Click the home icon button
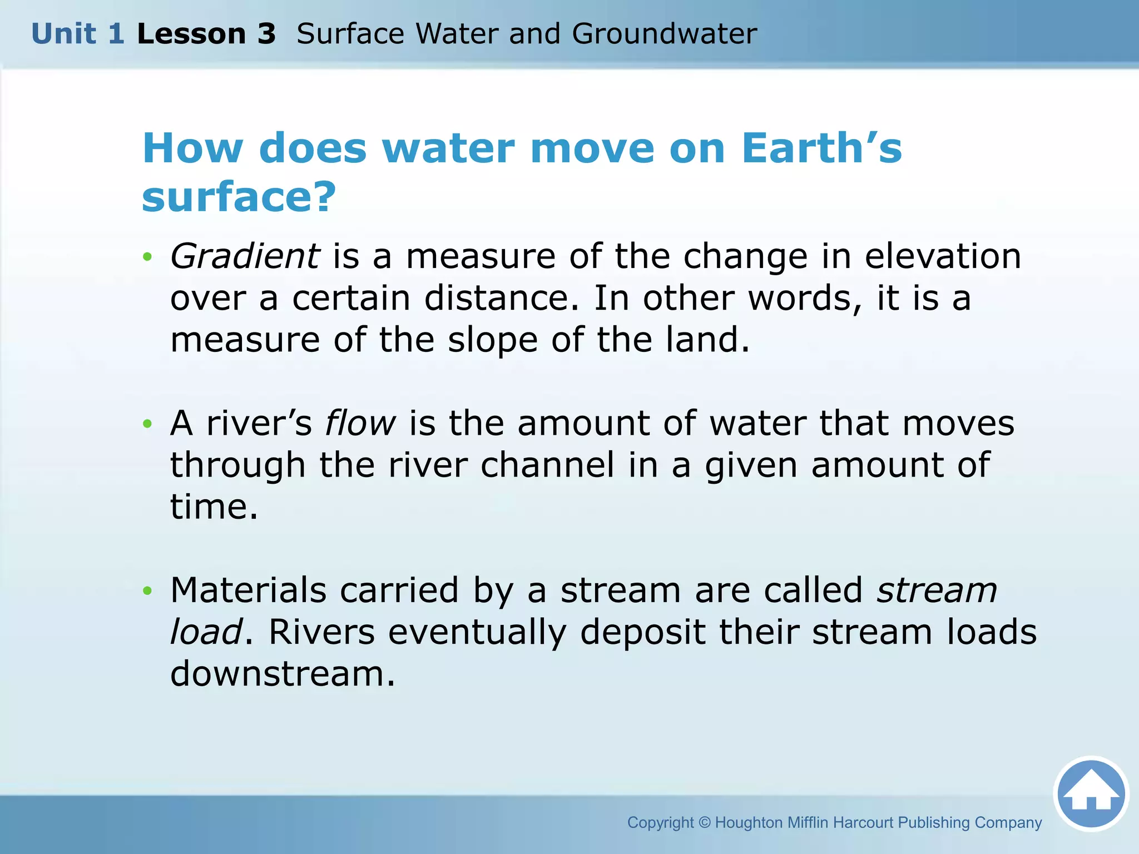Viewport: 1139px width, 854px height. click(1091, 794)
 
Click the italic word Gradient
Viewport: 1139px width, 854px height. click(245, 257)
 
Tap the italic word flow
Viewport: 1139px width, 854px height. click(360, 423)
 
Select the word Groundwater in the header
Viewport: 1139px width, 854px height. click(664, 34)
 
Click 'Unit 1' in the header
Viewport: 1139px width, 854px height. click(78, 34)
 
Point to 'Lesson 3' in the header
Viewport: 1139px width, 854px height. click(206, 34)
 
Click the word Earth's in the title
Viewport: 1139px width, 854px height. click(821, 148)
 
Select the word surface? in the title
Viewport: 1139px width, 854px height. click(239, 197)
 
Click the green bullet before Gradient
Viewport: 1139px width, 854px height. click(147, 257)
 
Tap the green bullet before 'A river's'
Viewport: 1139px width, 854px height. click(147, 424)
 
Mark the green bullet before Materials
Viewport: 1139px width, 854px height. click(147, 590)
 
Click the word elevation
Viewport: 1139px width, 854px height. click(943, 257)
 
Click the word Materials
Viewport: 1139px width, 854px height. click(248, 590)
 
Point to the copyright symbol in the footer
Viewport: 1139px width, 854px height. click(704, 822)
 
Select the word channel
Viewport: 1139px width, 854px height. click(547, 465)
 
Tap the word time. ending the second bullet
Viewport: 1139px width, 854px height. click(214, 507)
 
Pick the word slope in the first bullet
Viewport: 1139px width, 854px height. click(493, 340)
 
